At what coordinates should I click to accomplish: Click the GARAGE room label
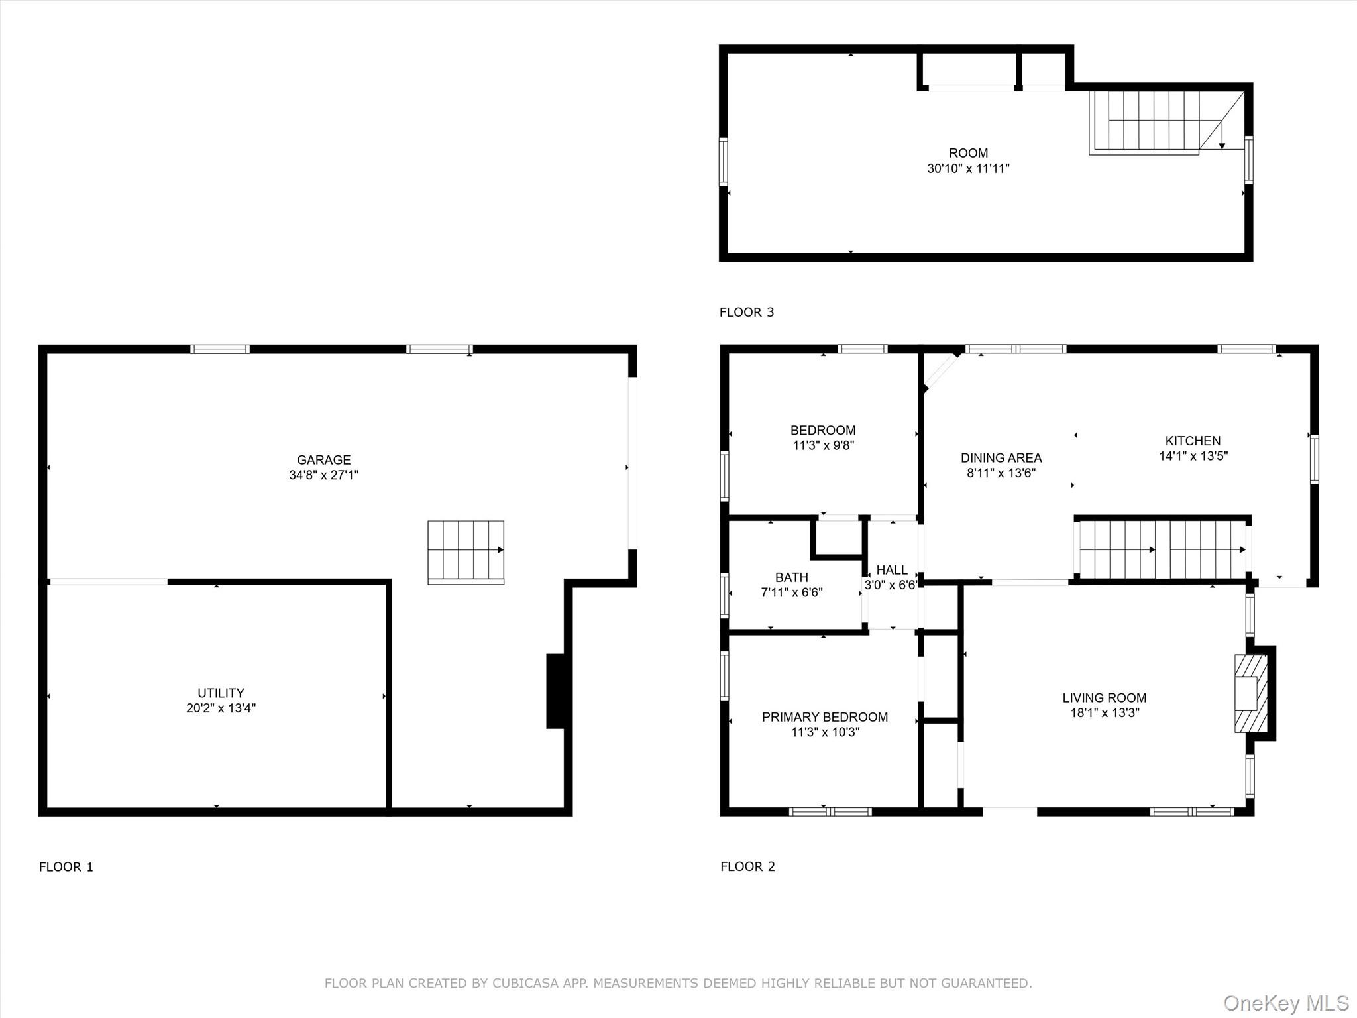click(323, 459)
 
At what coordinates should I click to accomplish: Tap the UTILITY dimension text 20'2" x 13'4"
click(221, 708)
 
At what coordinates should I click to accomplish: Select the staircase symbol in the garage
click(466, 551)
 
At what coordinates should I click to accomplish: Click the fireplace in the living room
click(1250, 693)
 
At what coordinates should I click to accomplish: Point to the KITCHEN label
click(1193, 441)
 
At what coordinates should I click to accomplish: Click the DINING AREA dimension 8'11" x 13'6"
click(1001, 473)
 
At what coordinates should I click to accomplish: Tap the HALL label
click(892, 570)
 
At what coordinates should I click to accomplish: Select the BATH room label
click(791, 577)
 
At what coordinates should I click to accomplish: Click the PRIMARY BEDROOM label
click(824, 717)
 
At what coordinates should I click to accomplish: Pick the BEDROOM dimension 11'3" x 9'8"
click(823, 445)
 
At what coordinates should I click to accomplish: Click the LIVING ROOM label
click(1104, 698)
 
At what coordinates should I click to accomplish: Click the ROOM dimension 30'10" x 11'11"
click(968, 168)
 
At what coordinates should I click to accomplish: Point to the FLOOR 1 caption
click(66, 867)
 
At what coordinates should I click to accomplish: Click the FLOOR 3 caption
click(747, 312)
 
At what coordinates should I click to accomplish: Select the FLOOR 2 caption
click(747, 866)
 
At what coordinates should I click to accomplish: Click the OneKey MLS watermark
click(1285, 1003)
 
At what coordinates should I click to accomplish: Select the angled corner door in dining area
click(942, 370)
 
